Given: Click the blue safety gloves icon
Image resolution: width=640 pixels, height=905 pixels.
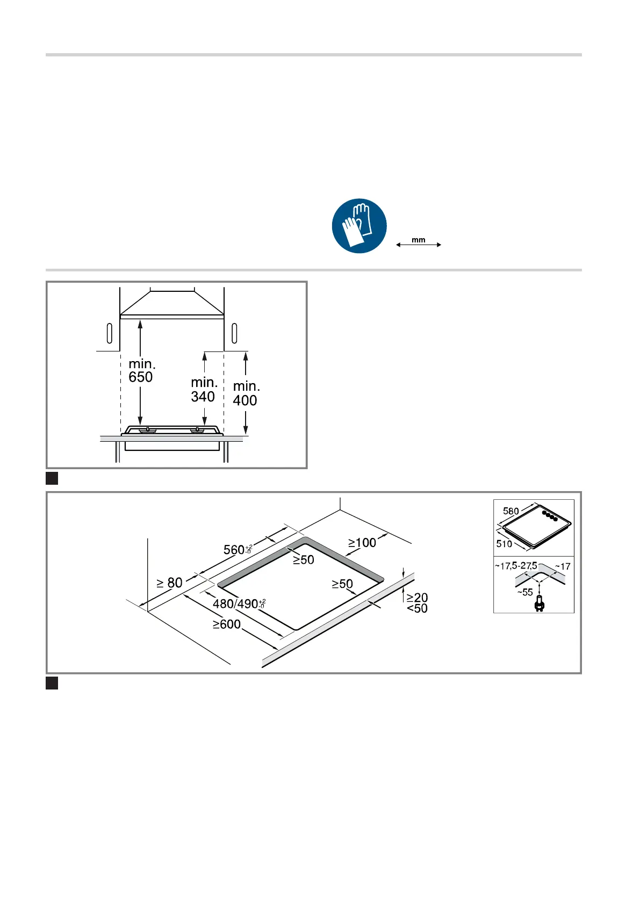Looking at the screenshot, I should click(359, 226).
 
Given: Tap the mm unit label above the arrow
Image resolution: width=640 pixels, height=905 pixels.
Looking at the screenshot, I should click(419, 240).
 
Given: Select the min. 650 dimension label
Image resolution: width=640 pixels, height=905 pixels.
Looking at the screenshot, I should click(141, 371).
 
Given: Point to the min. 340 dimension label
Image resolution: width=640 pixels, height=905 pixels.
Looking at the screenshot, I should click(204, 390).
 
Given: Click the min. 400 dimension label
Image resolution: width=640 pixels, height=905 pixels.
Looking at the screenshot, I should click(246, 393).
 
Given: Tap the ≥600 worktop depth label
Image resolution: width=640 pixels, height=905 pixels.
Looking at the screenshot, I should click(226, 624).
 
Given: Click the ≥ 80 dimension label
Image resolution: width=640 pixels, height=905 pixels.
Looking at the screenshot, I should click(170, 583).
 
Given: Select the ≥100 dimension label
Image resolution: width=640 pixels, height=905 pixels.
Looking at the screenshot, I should click(362, 543).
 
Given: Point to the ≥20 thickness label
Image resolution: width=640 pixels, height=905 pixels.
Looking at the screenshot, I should click(417, 598).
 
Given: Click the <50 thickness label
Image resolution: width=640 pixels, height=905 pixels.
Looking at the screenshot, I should click(417, 608).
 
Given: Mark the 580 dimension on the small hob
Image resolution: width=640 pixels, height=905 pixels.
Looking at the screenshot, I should click(510, 511).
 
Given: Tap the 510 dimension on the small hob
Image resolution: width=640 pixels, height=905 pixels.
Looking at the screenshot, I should click(504, 544).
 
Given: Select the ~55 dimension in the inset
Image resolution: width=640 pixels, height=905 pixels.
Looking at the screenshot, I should click(524, 592).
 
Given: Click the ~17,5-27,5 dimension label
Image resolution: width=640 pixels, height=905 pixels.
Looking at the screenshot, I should click(515, 566).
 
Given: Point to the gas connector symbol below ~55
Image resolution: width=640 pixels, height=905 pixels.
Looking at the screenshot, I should click(539, 605).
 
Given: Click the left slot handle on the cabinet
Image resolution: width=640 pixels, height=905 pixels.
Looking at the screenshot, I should click(110, 333).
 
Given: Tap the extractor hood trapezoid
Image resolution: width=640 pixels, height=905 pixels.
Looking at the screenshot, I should click(171, 303).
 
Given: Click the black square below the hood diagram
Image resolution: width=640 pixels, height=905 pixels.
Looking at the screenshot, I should click(52, 478).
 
